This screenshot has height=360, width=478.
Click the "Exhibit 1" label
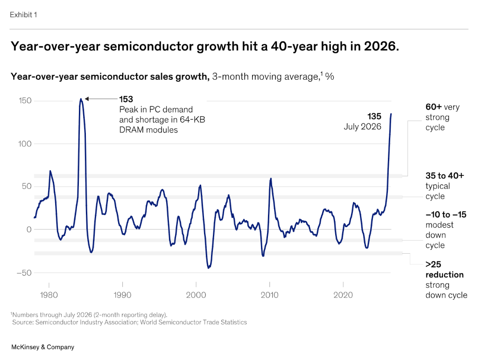pyautogui.click(x=23, y=14)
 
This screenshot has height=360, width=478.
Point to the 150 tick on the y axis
pyautogui.click(x=25, y=101)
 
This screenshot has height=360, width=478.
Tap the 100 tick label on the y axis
pyautogui.click(x=25, y=144)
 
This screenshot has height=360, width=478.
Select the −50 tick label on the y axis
pyautogui.click(x=24, y=273)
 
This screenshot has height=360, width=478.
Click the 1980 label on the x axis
pyautogui.click(x=49, y=295)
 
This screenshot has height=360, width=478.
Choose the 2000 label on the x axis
pyautogui.click(x=196, y=295)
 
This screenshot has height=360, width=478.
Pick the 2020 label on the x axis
pyautogui.click(x=343, y=295)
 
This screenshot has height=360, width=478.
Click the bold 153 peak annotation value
pyautogui.click(x=126, y=99)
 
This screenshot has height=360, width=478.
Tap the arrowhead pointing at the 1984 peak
pyautogui.click(x=86, y=99)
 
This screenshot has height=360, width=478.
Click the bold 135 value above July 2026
pyautogui.click(x=374, y=116)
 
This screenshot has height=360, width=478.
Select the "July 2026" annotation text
pyautogui.click(x=362, y=127)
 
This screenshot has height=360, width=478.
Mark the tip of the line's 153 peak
pyautogui.click(x=81, y=99)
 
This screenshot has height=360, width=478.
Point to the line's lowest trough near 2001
pyautogui.click(x=209, y=268)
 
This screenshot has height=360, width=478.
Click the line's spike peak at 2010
pyautogui.click(x=271, y=179)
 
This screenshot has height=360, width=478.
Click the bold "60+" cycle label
pyautogui.click(x=434, y=107)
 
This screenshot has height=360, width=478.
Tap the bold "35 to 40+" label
pyautogui.click(x=445, y=176)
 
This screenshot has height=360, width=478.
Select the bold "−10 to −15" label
pyautogui.click(x=446, y=215)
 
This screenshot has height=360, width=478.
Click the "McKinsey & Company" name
pyautogui.click(x=42, y=347)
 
